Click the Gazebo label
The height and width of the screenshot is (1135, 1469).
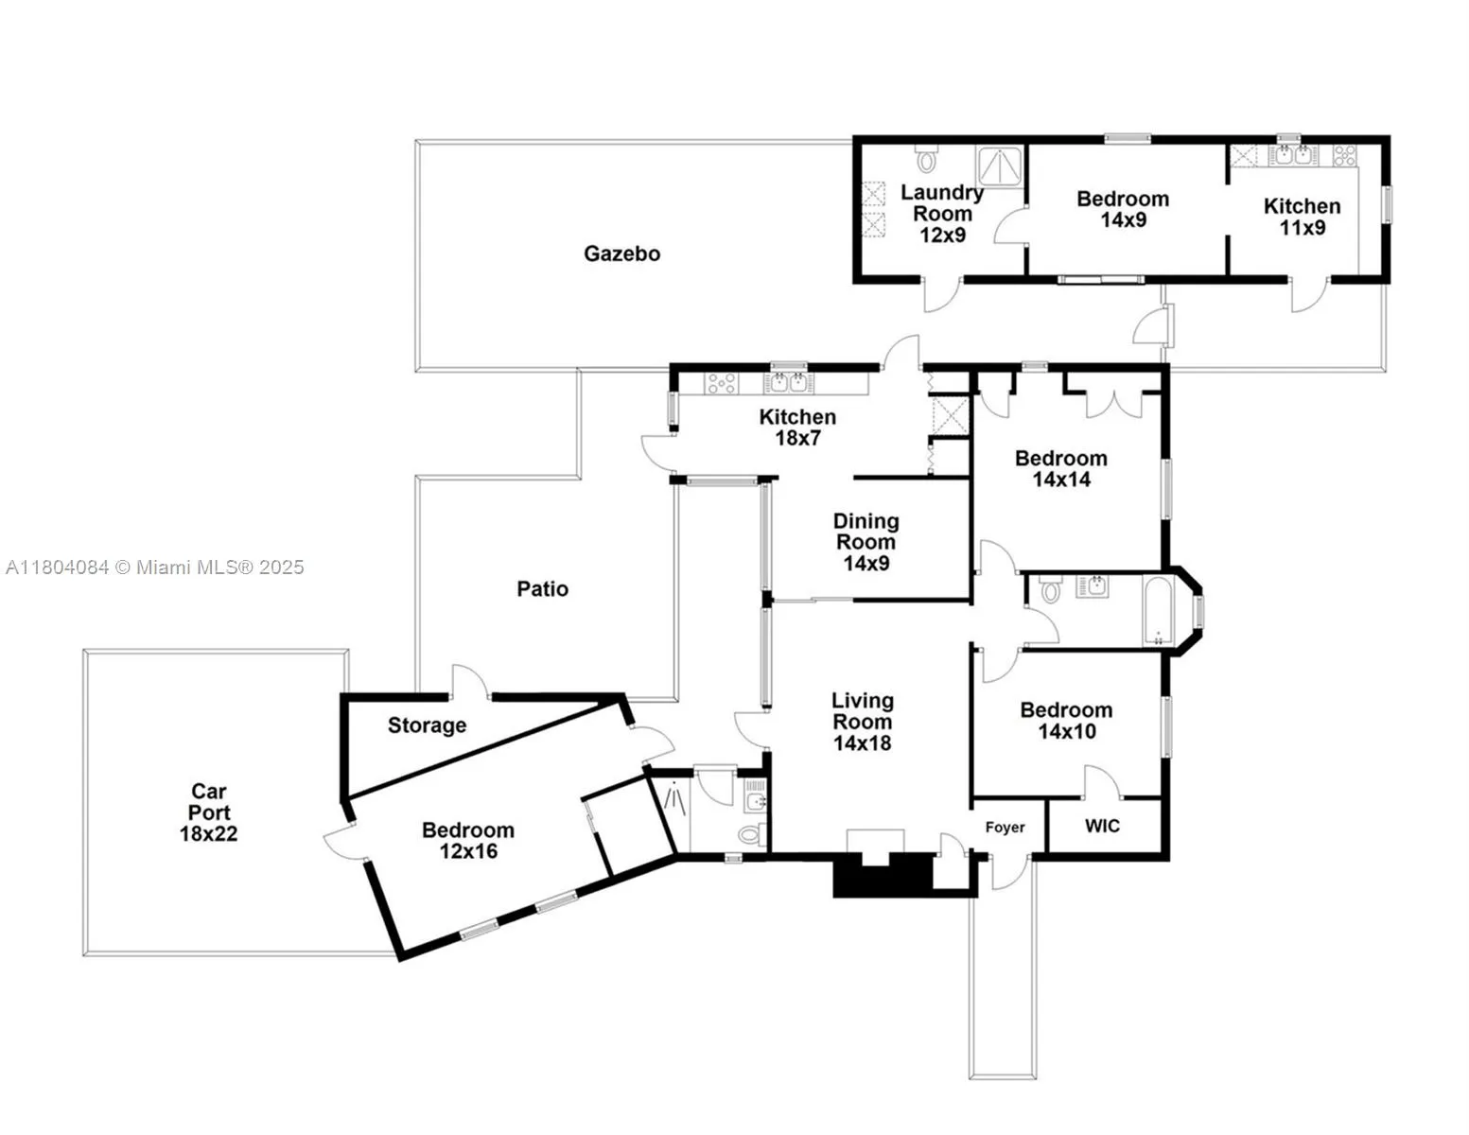point(621,253)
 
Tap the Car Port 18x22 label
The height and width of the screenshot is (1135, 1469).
point(208,812)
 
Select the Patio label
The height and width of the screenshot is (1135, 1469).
point(542,589)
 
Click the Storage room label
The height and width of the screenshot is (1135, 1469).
point(427,725)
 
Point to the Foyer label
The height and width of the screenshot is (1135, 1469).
point(1005,828)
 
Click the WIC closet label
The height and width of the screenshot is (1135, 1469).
point(1102,826)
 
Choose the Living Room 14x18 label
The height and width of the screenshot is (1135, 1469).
point(862,722)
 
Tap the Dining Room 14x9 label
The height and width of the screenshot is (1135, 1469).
point(866,542)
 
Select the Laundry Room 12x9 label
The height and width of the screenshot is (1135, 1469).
point(941,214)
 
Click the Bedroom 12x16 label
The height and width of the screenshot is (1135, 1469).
point(468,840)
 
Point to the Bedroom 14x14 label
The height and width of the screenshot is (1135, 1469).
point(1060,468)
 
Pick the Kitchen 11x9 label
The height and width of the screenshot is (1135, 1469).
point(1302,217)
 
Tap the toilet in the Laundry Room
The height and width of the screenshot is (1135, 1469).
point(926,159)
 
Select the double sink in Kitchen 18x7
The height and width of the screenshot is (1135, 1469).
point(788,383)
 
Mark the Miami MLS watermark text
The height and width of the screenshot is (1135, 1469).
point(155,567)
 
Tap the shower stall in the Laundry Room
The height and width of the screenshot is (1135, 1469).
point(1000,165)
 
